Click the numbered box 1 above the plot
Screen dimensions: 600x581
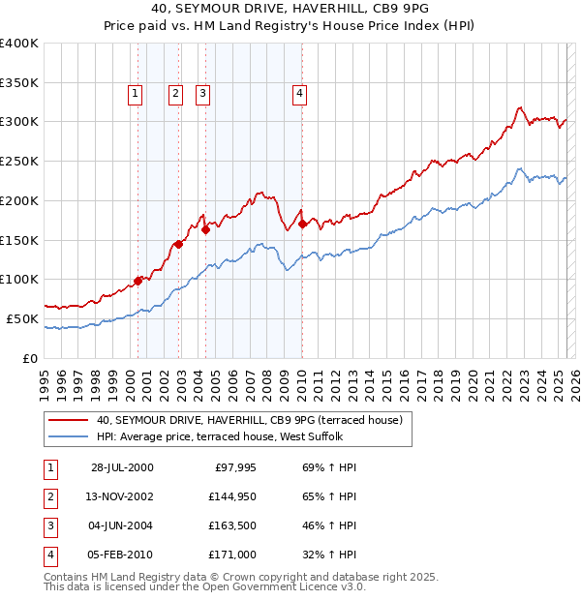[134, 94]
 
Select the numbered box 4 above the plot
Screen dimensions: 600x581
[300, 94]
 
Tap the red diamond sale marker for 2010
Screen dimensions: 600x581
[302, 224]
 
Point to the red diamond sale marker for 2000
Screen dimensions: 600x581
[138, 281]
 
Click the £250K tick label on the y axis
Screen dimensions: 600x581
[18, 161]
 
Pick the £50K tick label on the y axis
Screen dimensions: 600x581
[22, 318]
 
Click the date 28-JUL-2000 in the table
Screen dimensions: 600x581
[121, 467]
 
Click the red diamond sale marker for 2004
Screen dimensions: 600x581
[206, 229]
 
